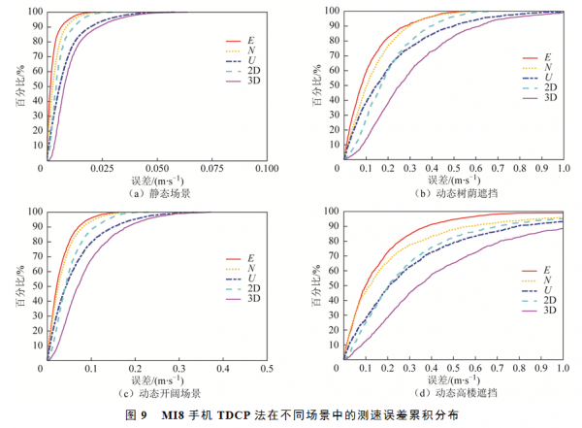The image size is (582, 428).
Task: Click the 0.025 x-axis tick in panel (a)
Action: click(x=103, y=169)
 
